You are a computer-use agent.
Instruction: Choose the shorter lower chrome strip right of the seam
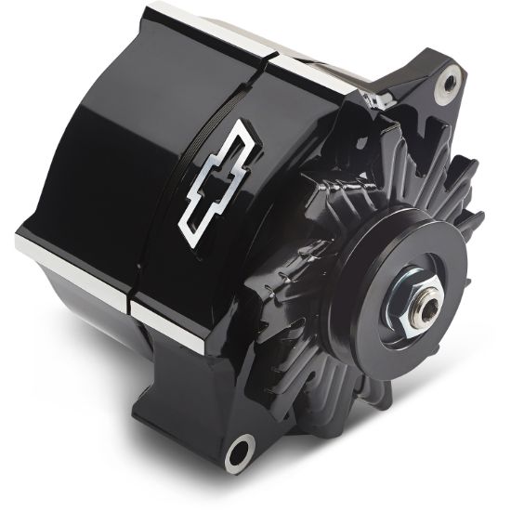coord(167,326)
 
